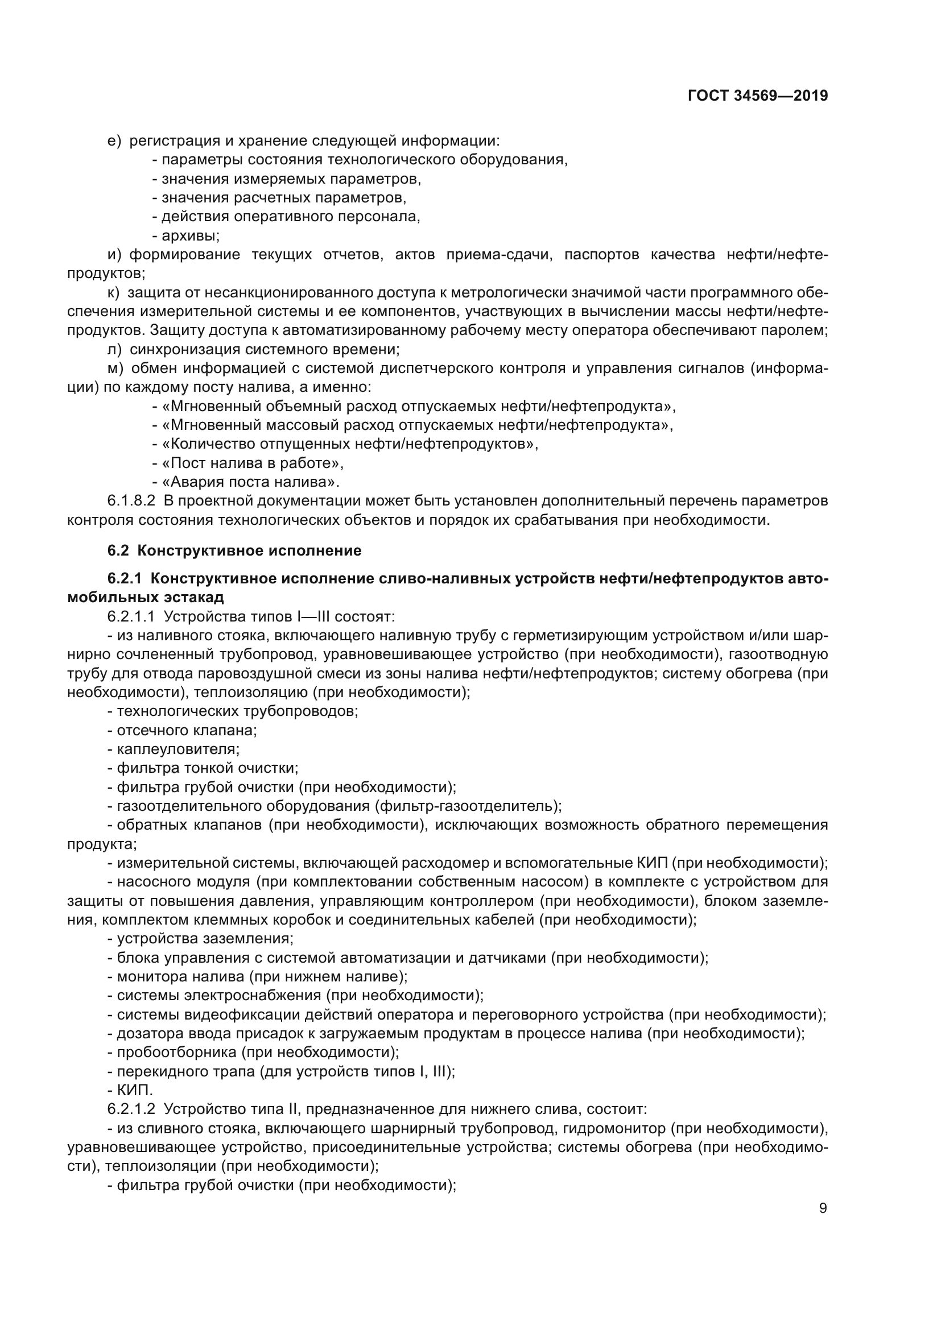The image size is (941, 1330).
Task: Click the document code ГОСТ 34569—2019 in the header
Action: [758, 96]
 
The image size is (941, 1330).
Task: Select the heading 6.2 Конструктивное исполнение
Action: [234, 550]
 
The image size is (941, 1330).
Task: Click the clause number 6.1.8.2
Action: [131, 500]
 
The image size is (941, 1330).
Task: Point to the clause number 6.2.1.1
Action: [131, 616]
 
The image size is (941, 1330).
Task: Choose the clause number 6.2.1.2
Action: [131, 1109]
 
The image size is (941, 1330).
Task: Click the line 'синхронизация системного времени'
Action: [264, 349]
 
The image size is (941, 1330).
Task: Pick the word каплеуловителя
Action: [178, 749]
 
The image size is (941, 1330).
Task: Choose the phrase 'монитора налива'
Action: [182, 976]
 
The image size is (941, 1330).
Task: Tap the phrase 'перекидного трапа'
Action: [185, 1071]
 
